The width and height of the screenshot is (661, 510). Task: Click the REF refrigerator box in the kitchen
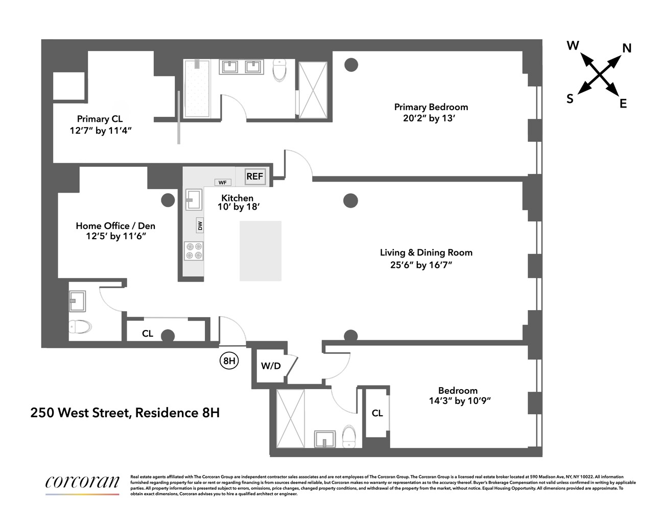(x=254, y=176)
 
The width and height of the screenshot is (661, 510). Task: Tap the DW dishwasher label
(x=200, y=225)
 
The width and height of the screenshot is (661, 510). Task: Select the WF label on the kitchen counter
(x=222, y=183)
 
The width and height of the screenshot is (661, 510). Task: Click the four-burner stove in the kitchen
(x=194, y=251)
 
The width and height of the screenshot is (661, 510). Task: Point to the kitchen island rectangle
(x=261, y=250)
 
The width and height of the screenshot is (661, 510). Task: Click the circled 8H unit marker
(x=229, y=361)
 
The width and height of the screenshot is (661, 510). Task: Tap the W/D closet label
(x=271, y=366)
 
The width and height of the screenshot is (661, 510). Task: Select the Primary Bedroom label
(x=431, y=107)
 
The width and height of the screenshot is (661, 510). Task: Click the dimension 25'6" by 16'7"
(x=421, y=265)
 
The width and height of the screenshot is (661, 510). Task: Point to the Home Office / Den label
(x=115, y=225)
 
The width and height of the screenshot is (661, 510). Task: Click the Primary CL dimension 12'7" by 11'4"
(x=101, y=131)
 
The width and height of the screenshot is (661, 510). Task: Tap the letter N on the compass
(x=627, y=48)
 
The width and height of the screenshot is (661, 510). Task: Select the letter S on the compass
(x=570, y=99)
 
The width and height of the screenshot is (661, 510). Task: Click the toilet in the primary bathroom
(x=280, y=70)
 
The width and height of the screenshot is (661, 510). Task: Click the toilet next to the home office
(x=80, y=326)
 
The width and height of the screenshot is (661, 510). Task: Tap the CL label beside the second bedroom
(x=377, y=413)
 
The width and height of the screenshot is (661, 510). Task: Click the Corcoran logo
(x=82, y=482)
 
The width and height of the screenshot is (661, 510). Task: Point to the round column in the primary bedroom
(x=350, y=65)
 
